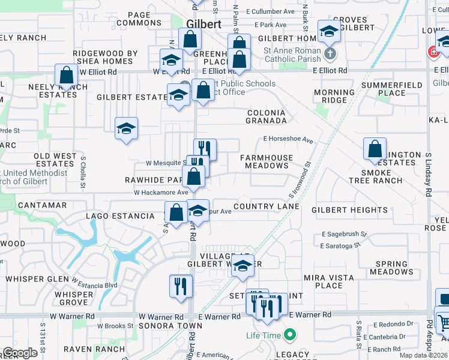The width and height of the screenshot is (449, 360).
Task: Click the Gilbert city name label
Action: pos(203,25)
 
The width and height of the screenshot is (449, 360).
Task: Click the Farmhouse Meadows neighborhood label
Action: pos(267,161)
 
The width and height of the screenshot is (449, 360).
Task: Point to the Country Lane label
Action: pos(266,206)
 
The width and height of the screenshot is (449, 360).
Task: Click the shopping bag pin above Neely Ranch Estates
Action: pos(67,76)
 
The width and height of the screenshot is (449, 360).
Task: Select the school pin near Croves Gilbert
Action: pos(329,31)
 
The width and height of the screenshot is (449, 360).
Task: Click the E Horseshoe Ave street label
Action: pos(288,140)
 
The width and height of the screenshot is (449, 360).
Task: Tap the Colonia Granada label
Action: pos(266,116)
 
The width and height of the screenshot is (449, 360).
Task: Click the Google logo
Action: pos(20,353)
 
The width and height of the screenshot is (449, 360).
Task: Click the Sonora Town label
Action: pos(162,326)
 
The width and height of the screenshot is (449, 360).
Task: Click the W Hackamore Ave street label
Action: pos(161,193)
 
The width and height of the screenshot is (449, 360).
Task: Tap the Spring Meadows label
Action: pos(391,268)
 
